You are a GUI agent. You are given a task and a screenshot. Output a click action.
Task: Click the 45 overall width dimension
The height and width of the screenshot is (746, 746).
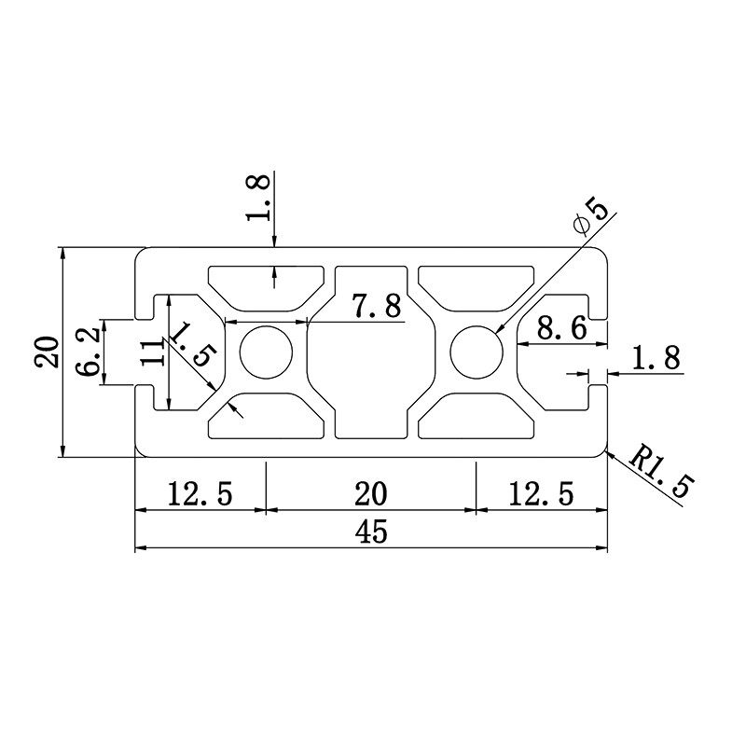click(x=370, y=532)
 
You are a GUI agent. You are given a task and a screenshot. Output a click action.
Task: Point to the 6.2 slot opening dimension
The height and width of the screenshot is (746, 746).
click(x=89, y=352)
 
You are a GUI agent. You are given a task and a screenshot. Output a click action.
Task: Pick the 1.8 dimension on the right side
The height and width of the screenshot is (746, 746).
click(x=656, y=358)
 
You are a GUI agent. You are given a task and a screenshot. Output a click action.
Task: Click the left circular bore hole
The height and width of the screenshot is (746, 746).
click(x=267, y=352)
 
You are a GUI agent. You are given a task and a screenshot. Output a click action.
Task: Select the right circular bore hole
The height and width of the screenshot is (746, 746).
click(x=477, y=352)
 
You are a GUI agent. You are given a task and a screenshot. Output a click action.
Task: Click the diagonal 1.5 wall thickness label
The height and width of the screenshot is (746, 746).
click(x=195, y=344)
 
